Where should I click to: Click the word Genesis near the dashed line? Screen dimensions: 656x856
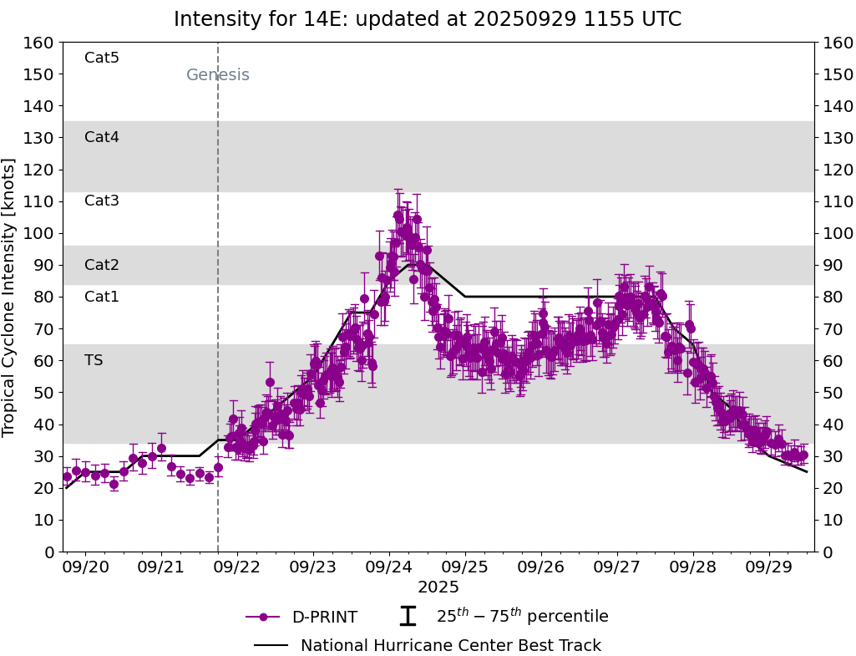[217, 75]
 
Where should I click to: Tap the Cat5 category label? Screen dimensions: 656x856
[102, 58]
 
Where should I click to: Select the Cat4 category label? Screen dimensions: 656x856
[102, 137]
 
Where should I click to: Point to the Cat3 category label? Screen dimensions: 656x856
[102, 201]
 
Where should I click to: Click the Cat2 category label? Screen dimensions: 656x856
[102, 265]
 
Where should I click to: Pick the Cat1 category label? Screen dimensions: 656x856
[102, 297]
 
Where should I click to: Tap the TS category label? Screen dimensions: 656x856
[94, 360]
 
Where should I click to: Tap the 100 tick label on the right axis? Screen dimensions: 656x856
[837, 233]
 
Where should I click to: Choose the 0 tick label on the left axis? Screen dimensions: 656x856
[49, 552]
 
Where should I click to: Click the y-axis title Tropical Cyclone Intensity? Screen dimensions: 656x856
[10, 297]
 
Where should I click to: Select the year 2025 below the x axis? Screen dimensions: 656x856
[438, 587]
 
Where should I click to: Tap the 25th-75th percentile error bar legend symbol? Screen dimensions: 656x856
[408, 617]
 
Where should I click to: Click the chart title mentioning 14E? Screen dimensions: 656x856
[428, 19]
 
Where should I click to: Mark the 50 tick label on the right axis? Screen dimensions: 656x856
[832, 393]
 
